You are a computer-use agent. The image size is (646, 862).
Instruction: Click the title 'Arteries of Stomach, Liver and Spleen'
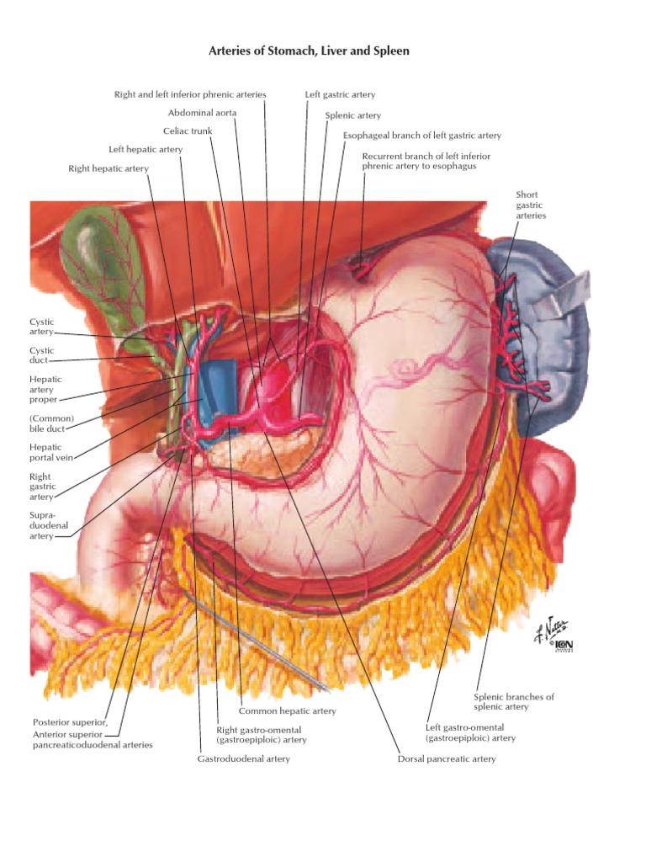309,51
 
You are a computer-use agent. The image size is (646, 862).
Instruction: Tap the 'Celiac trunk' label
188,130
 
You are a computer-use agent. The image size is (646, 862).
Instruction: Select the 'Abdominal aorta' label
202,113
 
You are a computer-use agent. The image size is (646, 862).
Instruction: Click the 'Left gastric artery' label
340,94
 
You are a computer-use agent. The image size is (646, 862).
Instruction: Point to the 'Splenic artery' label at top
352,115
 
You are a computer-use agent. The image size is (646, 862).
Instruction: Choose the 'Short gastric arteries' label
531,205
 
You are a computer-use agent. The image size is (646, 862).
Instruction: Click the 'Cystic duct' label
42,355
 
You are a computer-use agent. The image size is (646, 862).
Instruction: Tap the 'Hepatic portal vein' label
51,452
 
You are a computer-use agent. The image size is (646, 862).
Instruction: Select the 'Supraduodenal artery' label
49,525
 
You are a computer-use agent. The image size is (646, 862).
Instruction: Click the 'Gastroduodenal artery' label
243,758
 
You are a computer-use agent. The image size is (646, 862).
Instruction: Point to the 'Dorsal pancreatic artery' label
447,758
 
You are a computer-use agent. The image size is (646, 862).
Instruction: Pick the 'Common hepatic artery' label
288,710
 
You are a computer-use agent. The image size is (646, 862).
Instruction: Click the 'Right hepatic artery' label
109,168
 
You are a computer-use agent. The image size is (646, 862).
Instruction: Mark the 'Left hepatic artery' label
146,150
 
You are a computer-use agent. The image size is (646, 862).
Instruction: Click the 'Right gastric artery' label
42,487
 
